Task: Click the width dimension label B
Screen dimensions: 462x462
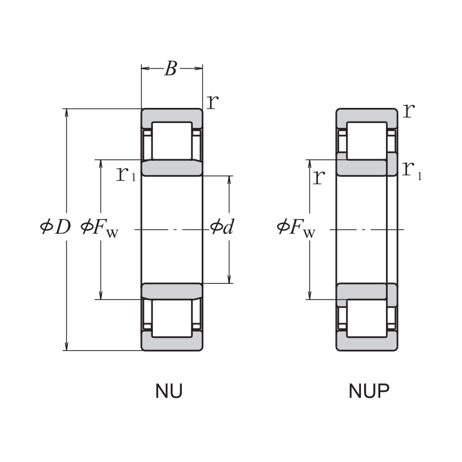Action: [x=170, y=69]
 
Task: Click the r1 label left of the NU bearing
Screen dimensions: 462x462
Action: [x=126, y=174]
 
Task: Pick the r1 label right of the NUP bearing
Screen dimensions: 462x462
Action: [x=412, y=168]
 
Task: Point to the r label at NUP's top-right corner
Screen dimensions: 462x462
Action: [x=409, y=110]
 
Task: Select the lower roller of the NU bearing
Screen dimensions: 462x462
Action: [x=172, y=318]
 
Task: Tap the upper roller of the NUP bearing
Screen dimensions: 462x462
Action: [x=367, y=140]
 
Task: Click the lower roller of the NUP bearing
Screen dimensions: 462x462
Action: [x=367, y=318]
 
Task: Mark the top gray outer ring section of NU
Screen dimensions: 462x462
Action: [x=172, y=115]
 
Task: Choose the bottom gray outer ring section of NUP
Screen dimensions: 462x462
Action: [x=367, y=344]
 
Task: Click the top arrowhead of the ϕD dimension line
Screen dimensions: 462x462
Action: [x=67, y=113]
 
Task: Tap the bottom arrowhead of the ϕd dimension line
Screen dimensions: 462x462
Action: [x=229, y=279]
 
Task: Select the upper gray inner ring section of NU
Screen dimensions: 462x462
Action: [x=172, y=168]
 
